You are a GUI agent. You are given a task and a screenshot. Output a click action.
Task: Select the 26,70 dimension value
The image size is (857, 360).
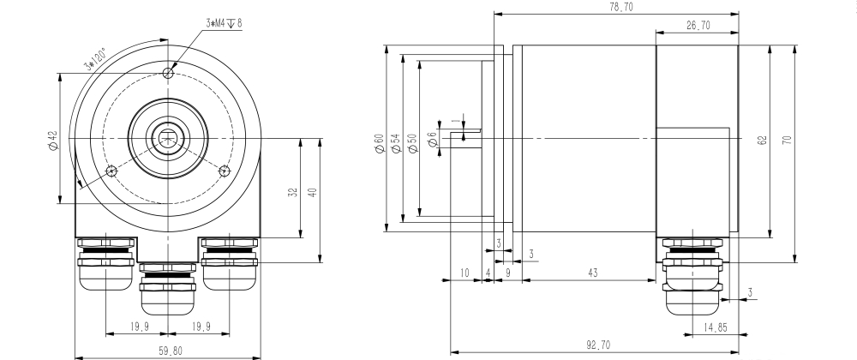click(x=698, y=26)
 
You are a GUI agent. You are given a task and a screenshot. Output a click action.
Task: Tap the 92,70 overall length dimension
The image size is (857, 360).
click(x=597, y=345)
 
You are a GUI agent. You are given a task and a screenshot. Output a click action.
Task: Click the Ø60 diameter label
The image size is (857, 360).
click(x=378, y=143)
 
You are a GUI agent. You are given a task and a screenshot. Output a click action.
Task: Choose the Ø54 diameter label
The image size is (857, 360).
click(x=395, y=143)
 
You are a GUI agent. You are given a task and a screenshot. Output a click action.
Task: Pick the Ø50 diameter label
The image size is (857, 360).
click(x=412, y=143)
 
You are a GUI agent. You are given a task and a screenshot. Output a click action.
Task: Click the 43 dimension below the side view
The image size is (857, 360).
click(x=593, y=273)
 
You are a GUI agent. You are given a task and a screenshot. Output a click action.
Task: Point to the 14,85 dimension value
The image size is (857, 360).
click(x=716, y=327)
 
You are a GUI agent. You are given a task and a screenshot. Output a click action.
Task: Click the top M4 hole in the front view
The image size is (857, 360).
click(x=168, y=75)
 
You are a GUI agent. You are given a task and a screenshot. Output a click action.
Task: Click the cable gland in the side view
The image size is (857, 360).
click(x=694, y=274)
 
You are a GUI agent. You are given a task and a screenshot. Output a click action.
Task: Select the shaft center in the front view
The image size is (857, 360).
click(x=168, y=136)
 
